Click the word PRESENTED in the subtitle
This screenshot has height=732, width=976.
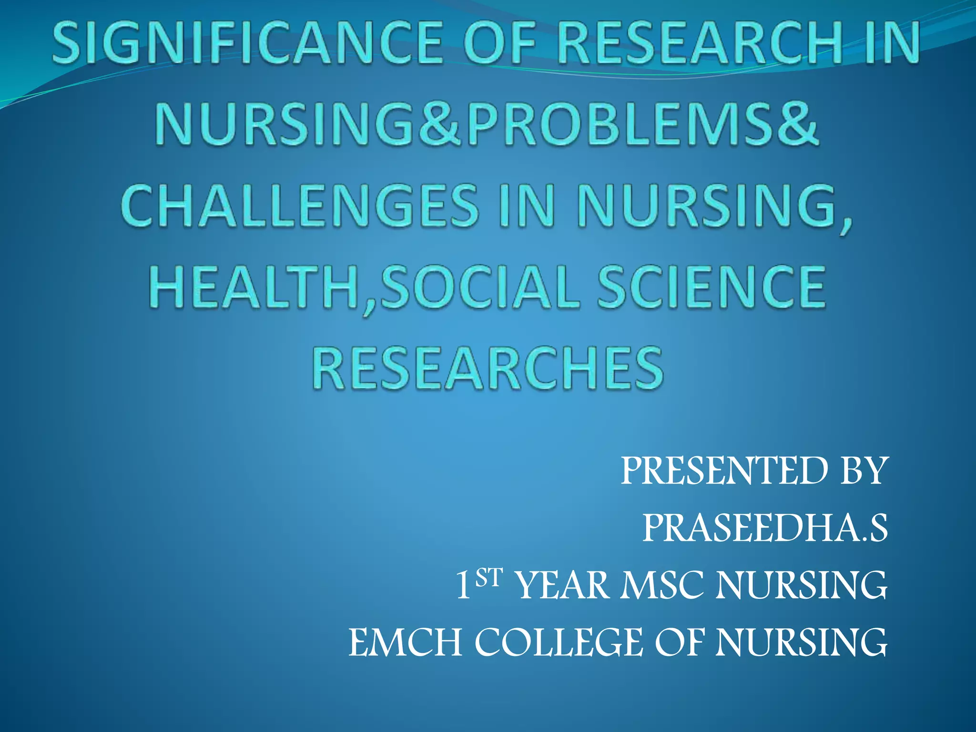(725, 471)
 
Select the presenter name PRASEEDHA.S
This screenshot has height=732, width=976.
(765, 529)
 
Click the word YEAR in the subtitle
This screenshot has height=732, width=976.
(563, 586)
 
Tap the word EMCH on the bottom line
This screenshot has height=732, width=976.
(405, 643)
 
